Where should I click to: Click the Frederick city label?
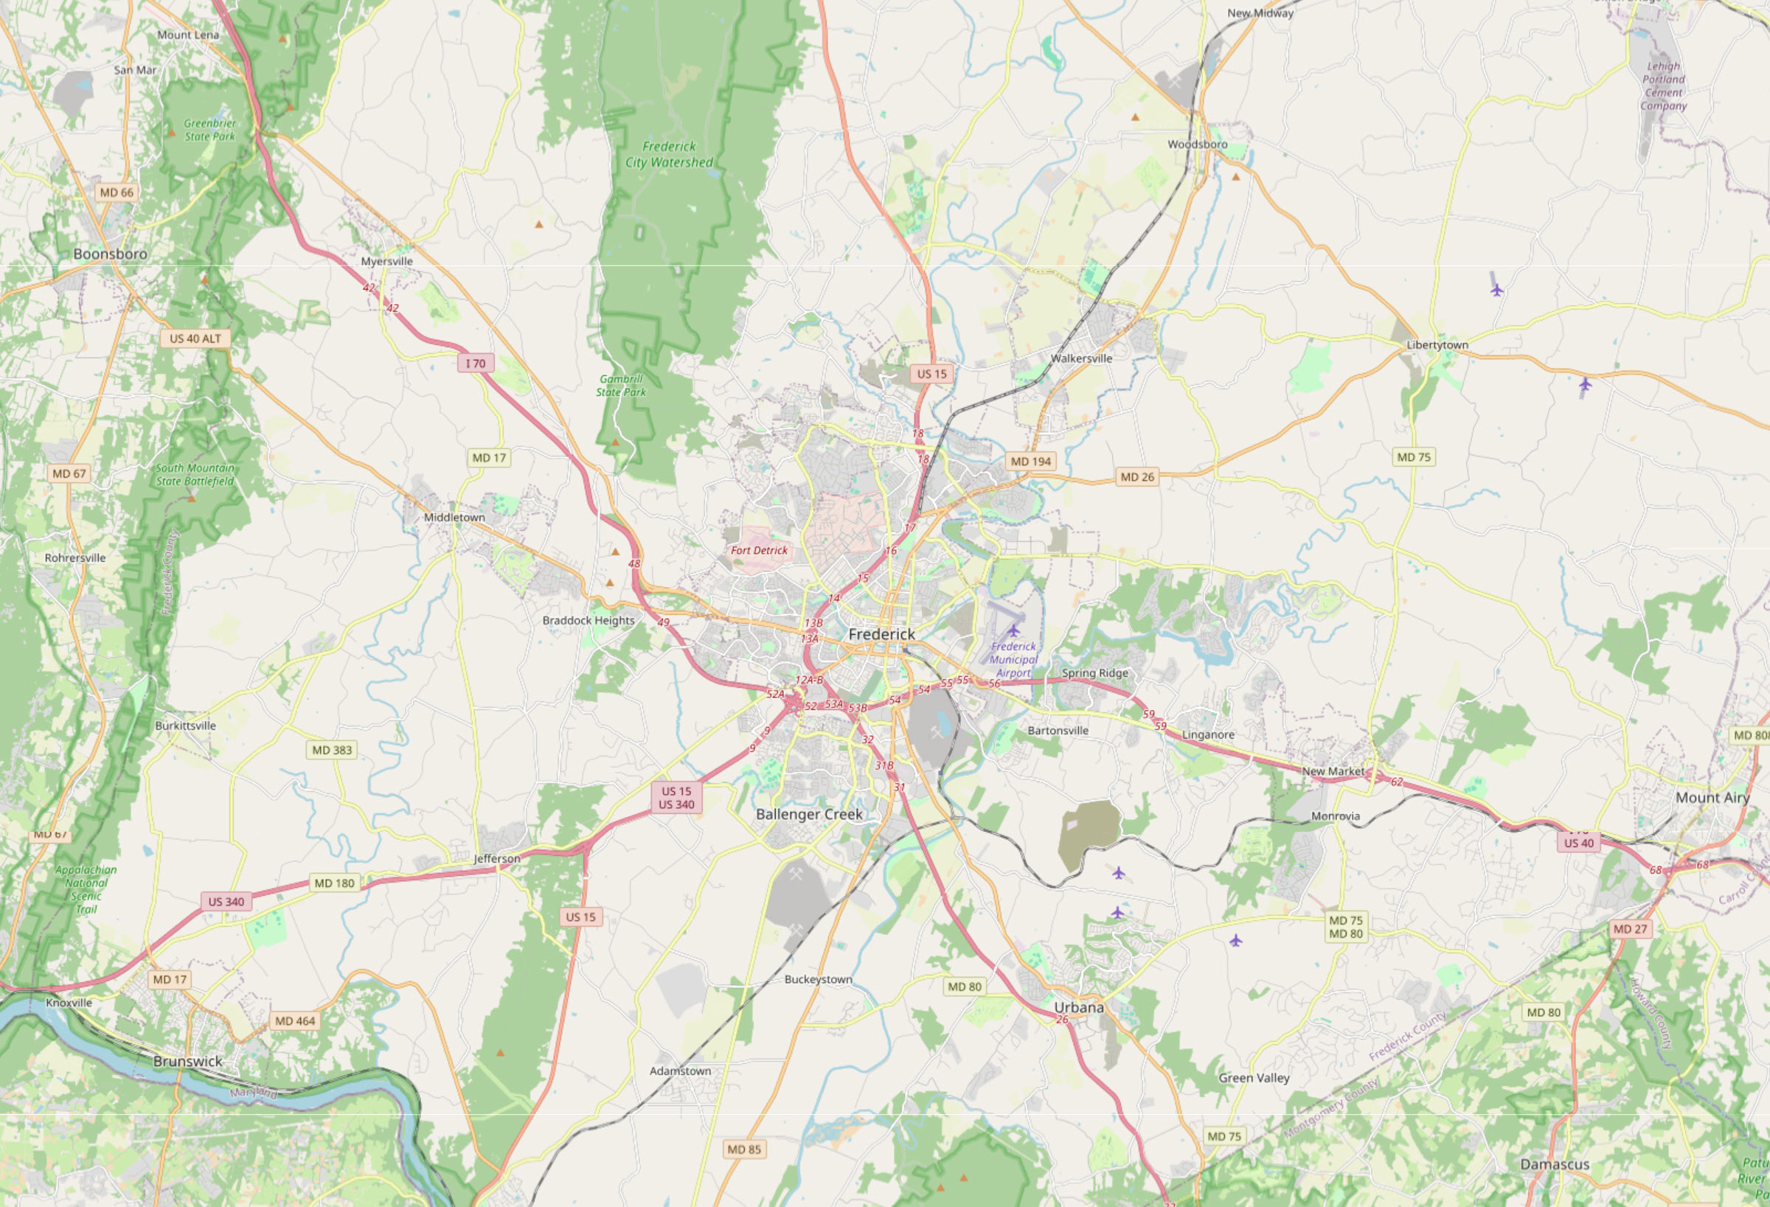coord(881,634)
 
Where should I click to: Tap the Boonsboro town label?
coord(111,254)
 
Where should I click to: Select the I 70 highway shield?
coord(476,364)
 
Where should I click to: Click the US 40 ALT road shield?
coord(195,339)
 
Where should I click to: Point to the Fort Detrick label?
coord(759,551)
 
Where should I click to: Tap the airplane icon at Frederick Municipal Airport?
coord(1013,630)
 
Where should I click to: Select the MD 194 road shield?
coord(1030,462)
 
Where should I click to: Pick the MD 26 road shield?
coord(1137,478)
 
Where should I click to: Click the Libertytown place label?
coord(1437,345)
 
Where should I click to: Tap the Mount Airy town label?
coord(1712,798)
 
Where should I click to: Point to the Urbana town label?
coord(1078,1007)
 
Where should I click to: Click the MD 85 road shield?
coord(744,1149)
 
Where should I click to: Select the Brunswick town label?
coord(187,1062)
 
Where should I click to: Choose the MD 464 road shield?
coord(295,1021)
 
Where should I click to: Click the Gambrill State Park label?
coord(621,386)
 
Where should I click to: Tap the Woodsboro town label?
coord(1197,145)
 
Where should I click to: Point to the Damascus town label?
coord(1555,1164)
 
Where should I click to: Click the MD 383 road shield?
coord(332,750)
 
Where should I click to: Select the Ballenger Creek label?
coord(809,815)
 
